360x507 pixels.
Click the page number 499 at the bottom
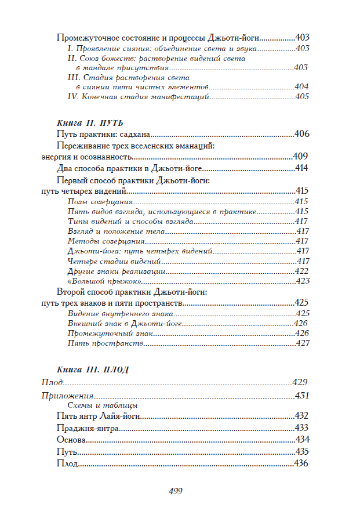click(x=176, y=491)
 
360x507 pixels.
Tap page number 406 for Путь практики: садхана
click(x=301, y=134)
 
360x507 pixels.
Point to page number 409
click(x=300, y=157)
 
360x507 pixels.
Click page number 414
click(x=301, y=168)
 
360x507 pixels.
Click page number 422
click(x=301, y=271)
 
